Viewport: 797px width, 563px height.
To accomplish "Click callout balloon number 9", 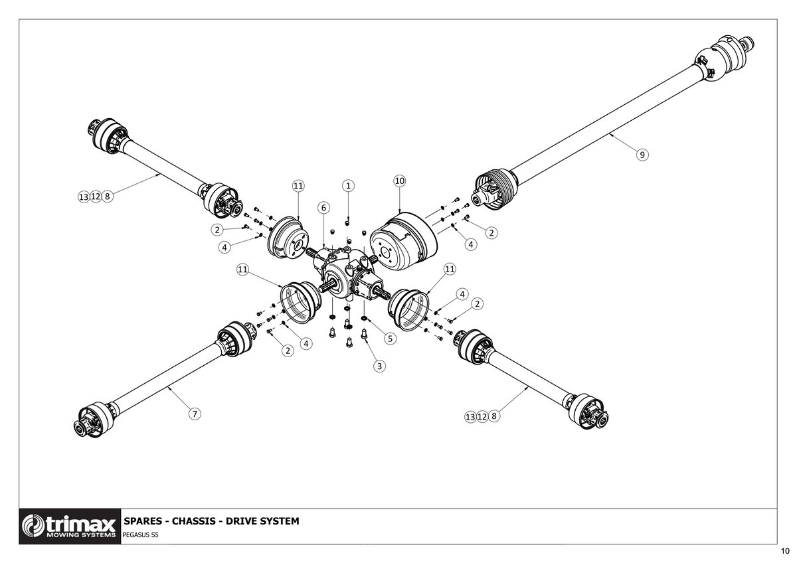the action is pos(642,155).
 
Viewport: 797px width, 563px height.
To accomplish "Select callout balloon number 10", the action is pos(400,181).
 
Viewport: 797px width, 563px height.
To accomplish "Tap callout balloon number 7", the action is pos(195,414).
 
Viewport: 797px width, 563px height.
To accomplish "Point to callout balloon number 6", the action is pos(323,208).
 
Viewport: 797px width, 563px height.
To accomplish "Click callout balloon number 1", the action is pos(348,186).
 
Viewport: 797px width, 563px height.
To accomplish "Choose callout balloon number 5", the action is pos(390,339).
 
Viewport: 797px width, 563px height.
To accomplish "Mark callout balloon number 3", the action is pos(379,366).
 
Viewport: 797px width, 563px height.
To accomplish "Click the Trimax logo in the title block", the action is pos(70,526).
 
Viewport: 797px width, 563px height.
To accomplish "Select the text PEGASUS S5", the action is pos(141,535).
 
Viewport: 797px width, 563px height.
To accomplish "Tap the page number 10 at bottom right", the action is pos(785,551).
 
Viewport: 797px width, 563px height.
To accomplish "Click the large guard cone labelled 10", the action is pos(404,241).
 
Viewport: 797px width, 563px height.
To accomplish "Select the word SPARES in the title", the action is pos(141,521).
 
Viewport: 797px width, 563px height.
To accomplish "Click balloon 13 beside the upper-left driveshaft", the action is pos(84,197).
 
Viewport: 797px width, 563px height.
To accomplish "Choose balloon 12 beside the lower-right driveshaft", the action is pos(482,416).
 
